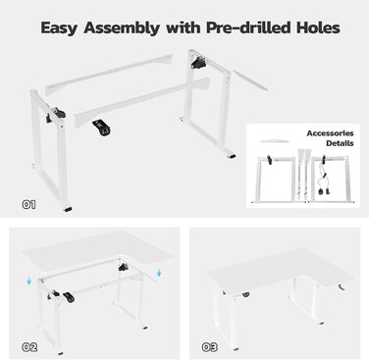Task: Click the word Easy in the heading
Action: [59, 28]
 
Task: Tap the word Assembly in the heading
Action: [122, 28]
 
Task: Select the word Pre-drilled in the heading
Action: [248, 27]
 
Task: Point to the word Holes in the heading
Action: [318, 27]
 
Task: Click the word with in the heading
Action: [183, 27]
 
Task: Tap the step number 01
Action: [28, 205]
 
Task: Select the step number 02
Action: [29, 347]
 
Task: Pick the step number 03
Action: [209, 347]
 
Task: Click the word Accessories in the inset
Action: [330, 133]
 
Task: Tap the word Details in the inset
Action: [340, 143]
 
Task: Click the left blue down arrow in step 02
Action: [29, 281]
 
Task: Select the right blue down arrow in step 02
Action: [159, 273]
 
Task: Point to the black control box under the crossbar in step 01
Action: [101, 128]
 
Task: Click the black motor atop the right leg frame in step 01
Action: [198, 63]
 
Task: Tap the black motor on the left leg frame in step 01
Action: [55, 116]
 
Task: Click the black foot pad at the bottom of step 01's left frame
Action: [68, 209]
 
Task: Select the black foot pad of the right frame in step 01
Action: [232, 156]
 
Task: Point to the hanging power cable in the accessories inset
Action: [322, 180]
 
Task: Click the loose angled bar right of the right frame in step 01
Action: [250, 80]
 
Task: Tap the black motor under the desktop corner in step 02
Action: [124, 267]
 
